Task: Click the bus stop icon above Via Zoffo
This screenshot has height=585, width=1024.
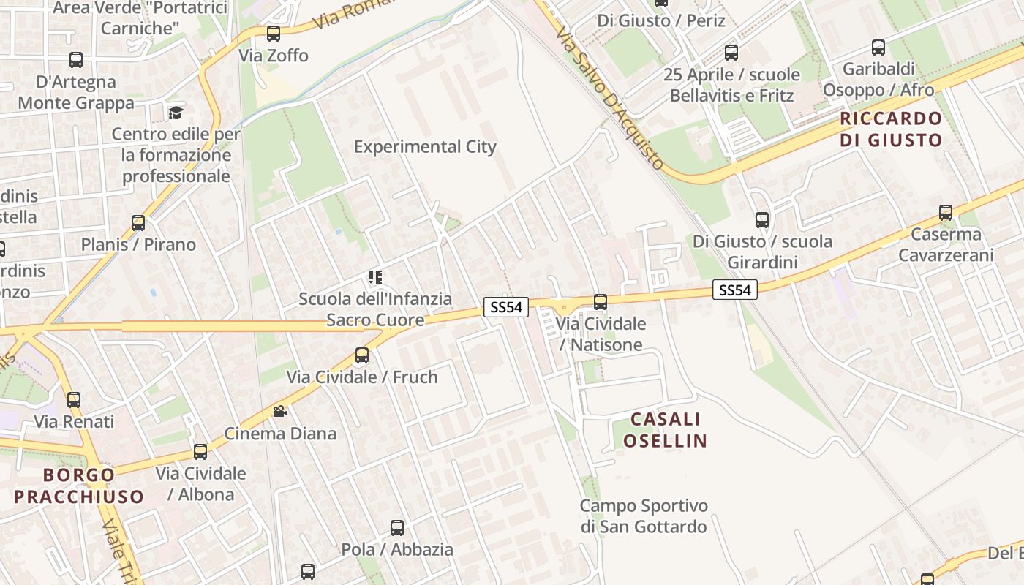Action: (x=274, y=33)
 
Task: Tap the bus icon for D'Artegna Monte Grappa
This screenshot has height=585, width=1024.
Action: (x=75, y=60)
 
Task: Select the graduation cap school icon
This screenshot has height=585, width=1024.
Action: (x=176, y=113)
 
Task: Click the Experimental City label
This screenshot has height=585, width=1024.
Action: (x=425, y=146)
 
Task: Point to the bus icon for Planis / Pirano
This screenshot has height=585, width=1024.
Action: (x=138, y=222)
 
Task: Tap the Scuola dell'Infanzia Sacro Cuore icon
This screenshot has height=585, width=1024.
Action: (x=374, y=277)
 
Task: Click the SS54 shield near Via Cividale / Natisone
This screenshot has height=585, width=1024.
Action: (x=506, y=307)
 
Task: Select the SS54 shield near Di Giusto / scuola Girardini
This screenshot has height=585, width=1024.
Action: (x=735, y=290)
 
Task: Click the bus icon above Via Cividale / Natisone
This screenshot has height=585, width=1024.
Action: (x=601, y=301)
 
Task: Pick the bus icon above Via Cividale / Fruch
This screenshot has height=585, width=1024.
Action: (x=362, y=355)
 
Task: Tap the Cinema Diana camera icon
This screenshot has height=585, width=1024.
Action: (x=279, y=412)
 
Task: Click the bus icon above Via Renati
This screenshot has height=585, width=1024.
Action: (x=74, y=400)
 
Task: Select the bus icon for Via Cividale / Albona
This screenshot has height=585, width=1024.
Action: (x=200, y=451)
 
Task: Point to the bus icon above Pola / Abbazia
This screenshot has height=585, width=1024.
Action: (x=397, y=527)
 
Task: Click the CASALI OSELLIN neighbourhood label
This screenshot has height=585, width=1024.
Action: (x=666, y=430)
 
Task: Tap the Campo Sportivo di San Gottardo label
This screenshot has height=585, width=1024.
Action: (x=644, y=516)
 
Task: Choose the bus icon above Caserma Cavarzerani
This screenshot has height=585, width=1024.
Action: (x=946, y=213)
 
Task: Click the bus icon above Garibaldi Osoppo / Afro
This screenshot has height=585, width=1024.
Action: (x=878, y=48)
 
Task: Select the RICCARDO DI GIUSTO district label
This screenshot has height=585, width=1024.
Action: (x=890, y=129)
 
